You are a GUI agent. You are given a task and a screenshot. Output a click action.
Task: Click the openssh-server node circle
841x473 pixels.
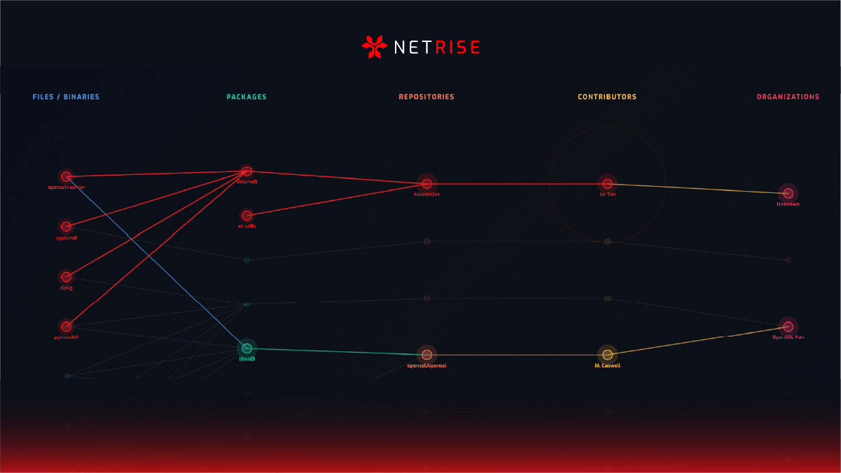[66, 177]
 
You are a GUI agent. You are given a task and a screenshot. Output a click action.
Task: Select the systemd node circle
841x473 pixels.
[66, 227]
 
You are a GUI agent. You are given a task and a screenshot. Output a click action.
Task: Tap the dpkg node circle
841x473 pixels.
[66, 276]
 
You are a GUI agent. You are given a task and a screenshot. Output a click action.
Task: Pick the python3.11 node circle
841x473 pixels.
[66, 326]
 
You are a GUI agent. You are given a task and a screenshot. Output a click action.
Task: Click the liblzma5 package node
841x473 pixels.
[246, 171]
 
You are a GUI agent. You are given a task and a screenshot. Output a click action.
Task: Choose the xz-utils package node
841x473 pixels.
[246, 216]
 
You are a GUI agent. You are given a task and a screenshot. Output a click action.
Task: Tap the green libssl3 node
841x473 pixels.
[246, 348]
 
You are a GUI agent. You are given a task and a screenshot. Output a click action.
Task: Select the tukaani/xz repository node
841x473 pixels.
[426, 184]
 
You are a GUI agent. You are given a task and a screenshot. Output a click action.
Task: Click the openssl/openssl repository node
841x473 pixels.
[426, 355]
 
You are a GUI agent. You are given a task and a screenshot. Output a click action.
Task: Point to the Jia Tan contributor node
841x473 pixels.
[607, 184]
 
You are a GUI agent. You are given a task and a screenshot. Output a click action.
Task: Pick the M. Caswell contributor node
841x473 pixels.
[607, 355]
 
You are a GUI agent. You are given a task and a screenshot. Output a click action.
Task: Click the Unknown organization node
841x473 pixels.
[788, 193]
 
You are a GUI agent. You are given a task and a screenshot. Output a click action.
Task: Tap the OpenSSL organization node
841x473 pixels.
[788, 326]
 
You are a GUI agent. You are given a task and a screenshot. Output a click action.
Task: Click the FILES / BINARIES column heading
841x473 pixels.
[66, 97]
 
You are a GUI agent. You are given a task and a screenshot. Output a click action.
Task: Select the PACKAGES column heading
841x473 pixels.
[246, 97]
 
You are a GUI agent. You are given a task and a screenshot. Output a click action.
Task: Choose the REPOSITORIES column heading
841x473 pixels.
[426, 97]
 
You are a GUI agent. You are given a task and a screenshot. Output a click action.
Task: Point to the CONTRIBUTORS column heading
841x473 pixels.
[607, 97]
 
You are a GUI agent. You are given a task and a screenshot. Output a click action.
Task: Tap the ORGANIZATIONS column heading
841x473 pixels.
[788, 97]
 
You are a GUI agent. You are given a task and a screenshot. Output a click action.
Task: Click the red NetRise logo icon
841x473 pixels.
[374, 47]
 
